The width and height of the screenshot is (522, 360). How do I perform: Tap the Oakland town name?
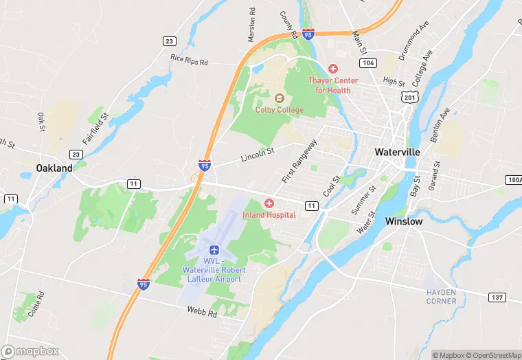coord(54,168)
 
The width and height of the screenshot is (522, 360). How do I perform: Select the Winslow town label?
coord(404,222)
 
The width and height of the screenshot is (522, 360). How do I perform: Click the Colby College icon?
coord(279,98)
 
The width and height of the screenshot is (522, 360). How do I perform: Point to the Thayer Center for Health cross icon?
coord(333,69)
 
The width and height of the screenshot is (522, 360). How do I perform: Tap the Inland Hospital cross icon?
coord(269,203)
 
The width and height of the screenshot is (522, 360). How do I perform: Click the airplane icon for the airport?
coord(212,249)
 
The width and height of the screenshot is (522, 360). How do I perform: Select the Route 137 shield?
coord(497,297)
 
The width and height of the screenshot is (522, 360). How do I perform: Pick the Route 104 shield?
coord(368,63)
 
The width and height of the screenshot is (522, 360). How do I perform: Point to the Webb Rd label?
coord(202,311)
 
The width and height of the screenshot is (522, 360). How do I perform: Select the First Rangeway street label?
coord(299,161)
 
